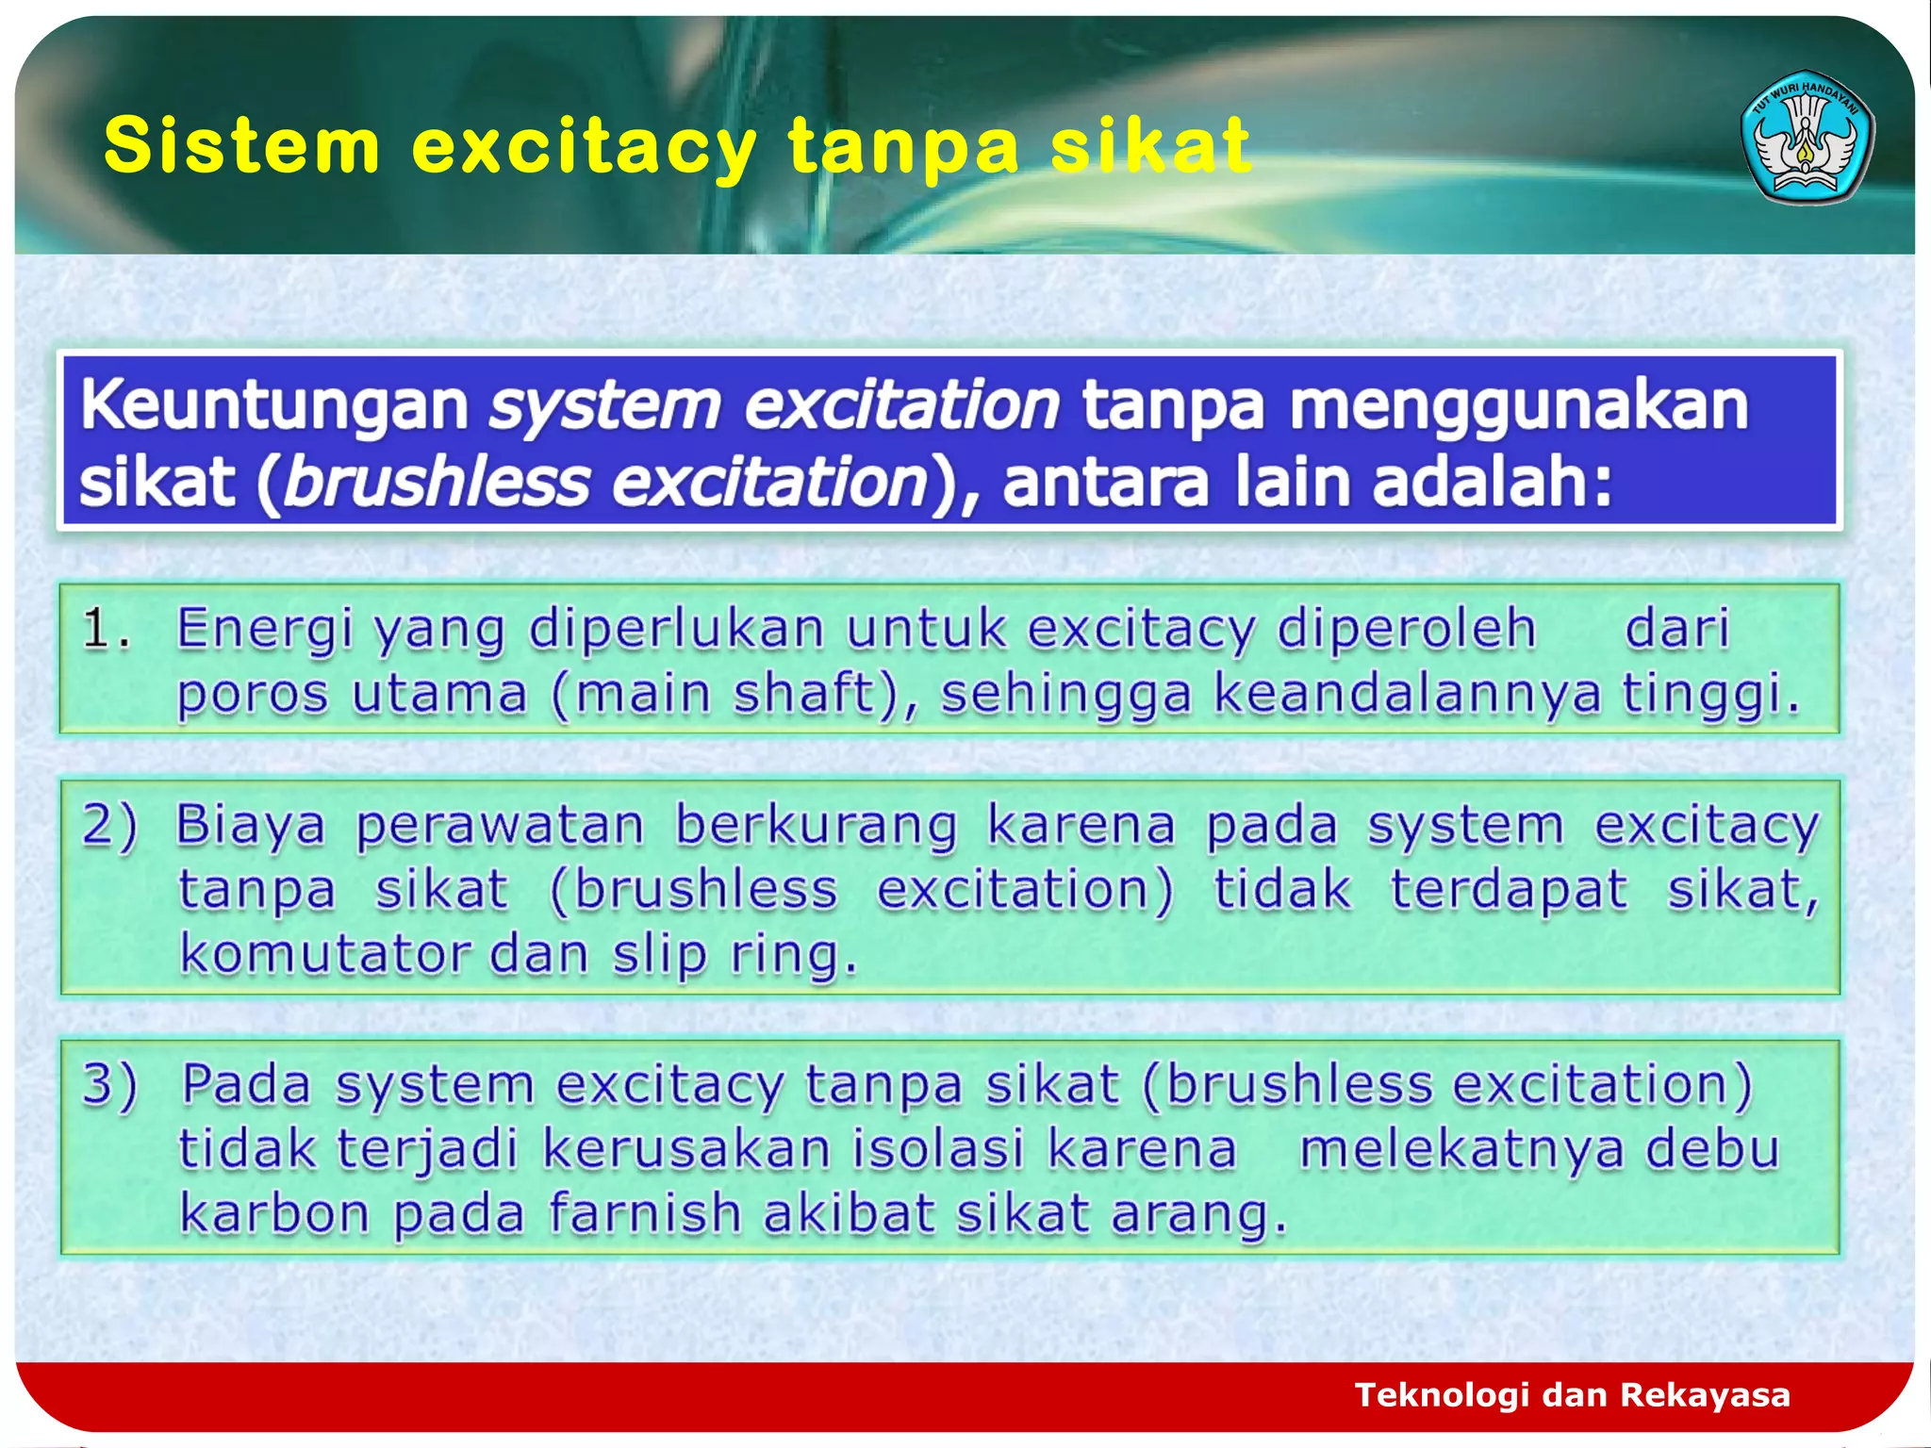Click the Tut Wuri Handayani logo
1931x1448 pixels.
tap(1807, 138)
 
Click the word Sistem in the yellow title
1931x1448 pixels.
tap(241, 146)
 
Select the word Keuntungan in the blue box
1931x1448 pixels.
tap(274, 405)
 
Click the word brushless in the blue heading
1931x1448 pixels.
tap(436, 483)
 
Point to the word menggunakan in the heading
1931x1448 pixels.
tap(1518, 405)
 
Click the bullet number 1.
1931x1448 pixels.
tap(105, 629)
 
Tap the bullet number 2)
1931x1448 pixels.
tap(109, 825)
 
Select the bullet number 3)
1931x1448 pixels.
tap(109, 1084)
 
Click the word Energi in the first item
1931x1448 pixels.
tap(265, 629)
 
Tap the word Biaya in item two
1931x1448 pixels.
tap(250, 825)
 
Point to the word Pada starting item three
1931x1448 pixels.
tap(245, 1084)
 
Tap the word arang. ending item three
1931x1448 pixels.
tap(1198, 1213)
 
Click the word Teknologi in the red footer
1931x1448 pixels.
tap(1442, 1394)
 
